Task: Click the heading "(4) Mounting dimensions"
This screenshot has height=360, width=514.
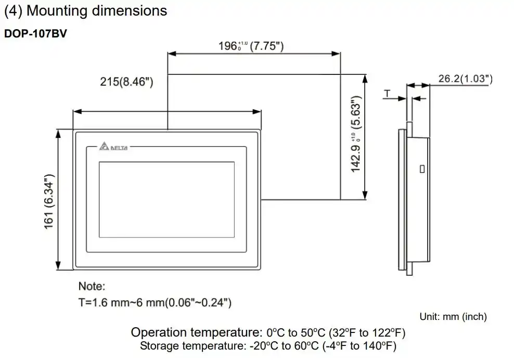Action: click(86, 11)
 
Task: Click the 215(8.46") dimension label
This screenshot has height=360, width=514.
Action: click(126, 81)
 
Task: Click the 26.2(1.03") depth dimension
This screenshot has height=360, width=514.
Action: click(465, 79)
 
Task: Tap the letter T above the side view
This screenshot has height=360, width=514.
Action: click(387, 93)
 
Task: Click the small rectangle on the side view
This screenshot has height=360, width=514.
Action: click(422, 169)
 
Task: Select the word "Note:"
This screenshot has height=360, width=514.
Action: click(92, 286)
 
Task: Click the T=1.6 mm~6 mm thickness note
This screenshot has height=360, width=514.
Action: click(155, 302)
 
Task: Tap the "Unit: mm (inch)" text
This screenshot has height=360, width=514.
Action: click(453, 316)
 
